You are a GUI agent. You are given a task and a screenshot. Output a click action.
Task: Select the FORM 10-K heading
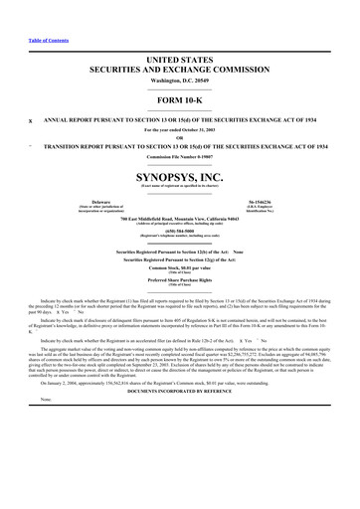pos(179,103)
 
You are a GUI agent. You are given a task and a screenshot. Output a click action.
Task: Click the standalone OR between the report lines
pos(179,138)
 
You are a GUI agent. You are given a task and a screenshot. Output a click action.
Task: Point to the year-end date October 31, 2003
pos(179,130)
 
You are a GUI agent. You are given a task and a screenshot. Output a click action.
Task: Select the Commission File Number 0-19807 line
pos(179,156)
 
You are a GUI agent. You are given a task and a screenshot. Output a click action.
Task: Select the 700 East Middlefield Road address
pos(179,217)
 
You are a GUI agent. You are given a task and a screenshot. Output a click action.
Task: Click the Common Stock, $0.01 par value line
pos(179,266)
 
